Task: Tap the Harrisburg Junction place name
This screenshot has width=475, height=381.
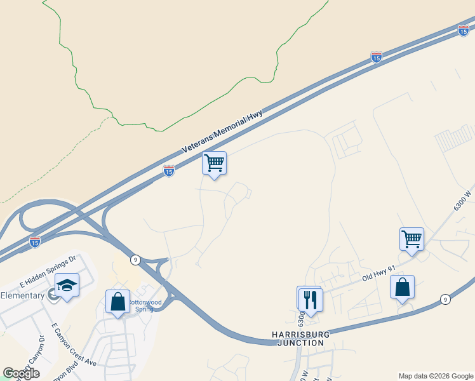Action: pyautogui.click(x=298, y=338)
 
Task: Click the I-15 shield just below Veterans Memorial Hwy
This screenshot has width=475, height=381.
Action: pyautogui.click(x=168, y=171)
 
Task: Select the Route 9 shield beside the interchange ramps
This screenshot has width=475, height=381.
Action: pyautogui.click(x=135, y=259)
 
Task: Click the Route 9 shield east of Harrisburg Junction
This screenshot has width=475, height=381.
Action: pyautogui.click(x=446, y=299)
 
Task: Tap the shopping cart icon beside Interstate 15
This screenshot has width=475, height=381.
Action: pyautogui.click(x=215, y=163)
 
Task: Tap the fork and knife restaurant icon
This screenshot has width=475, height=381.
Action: pyautogui.click(x=311, y=299)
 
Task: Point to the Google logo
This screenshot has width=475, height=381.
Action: pyautogui.click(x=21, y=373)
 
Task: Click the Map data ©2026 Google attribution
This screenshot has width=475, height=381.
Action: pyautogui.click(x=435, y=376)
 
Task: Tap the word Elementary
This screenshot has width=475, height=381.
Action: pyautogui.click(x=22, y=295)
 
